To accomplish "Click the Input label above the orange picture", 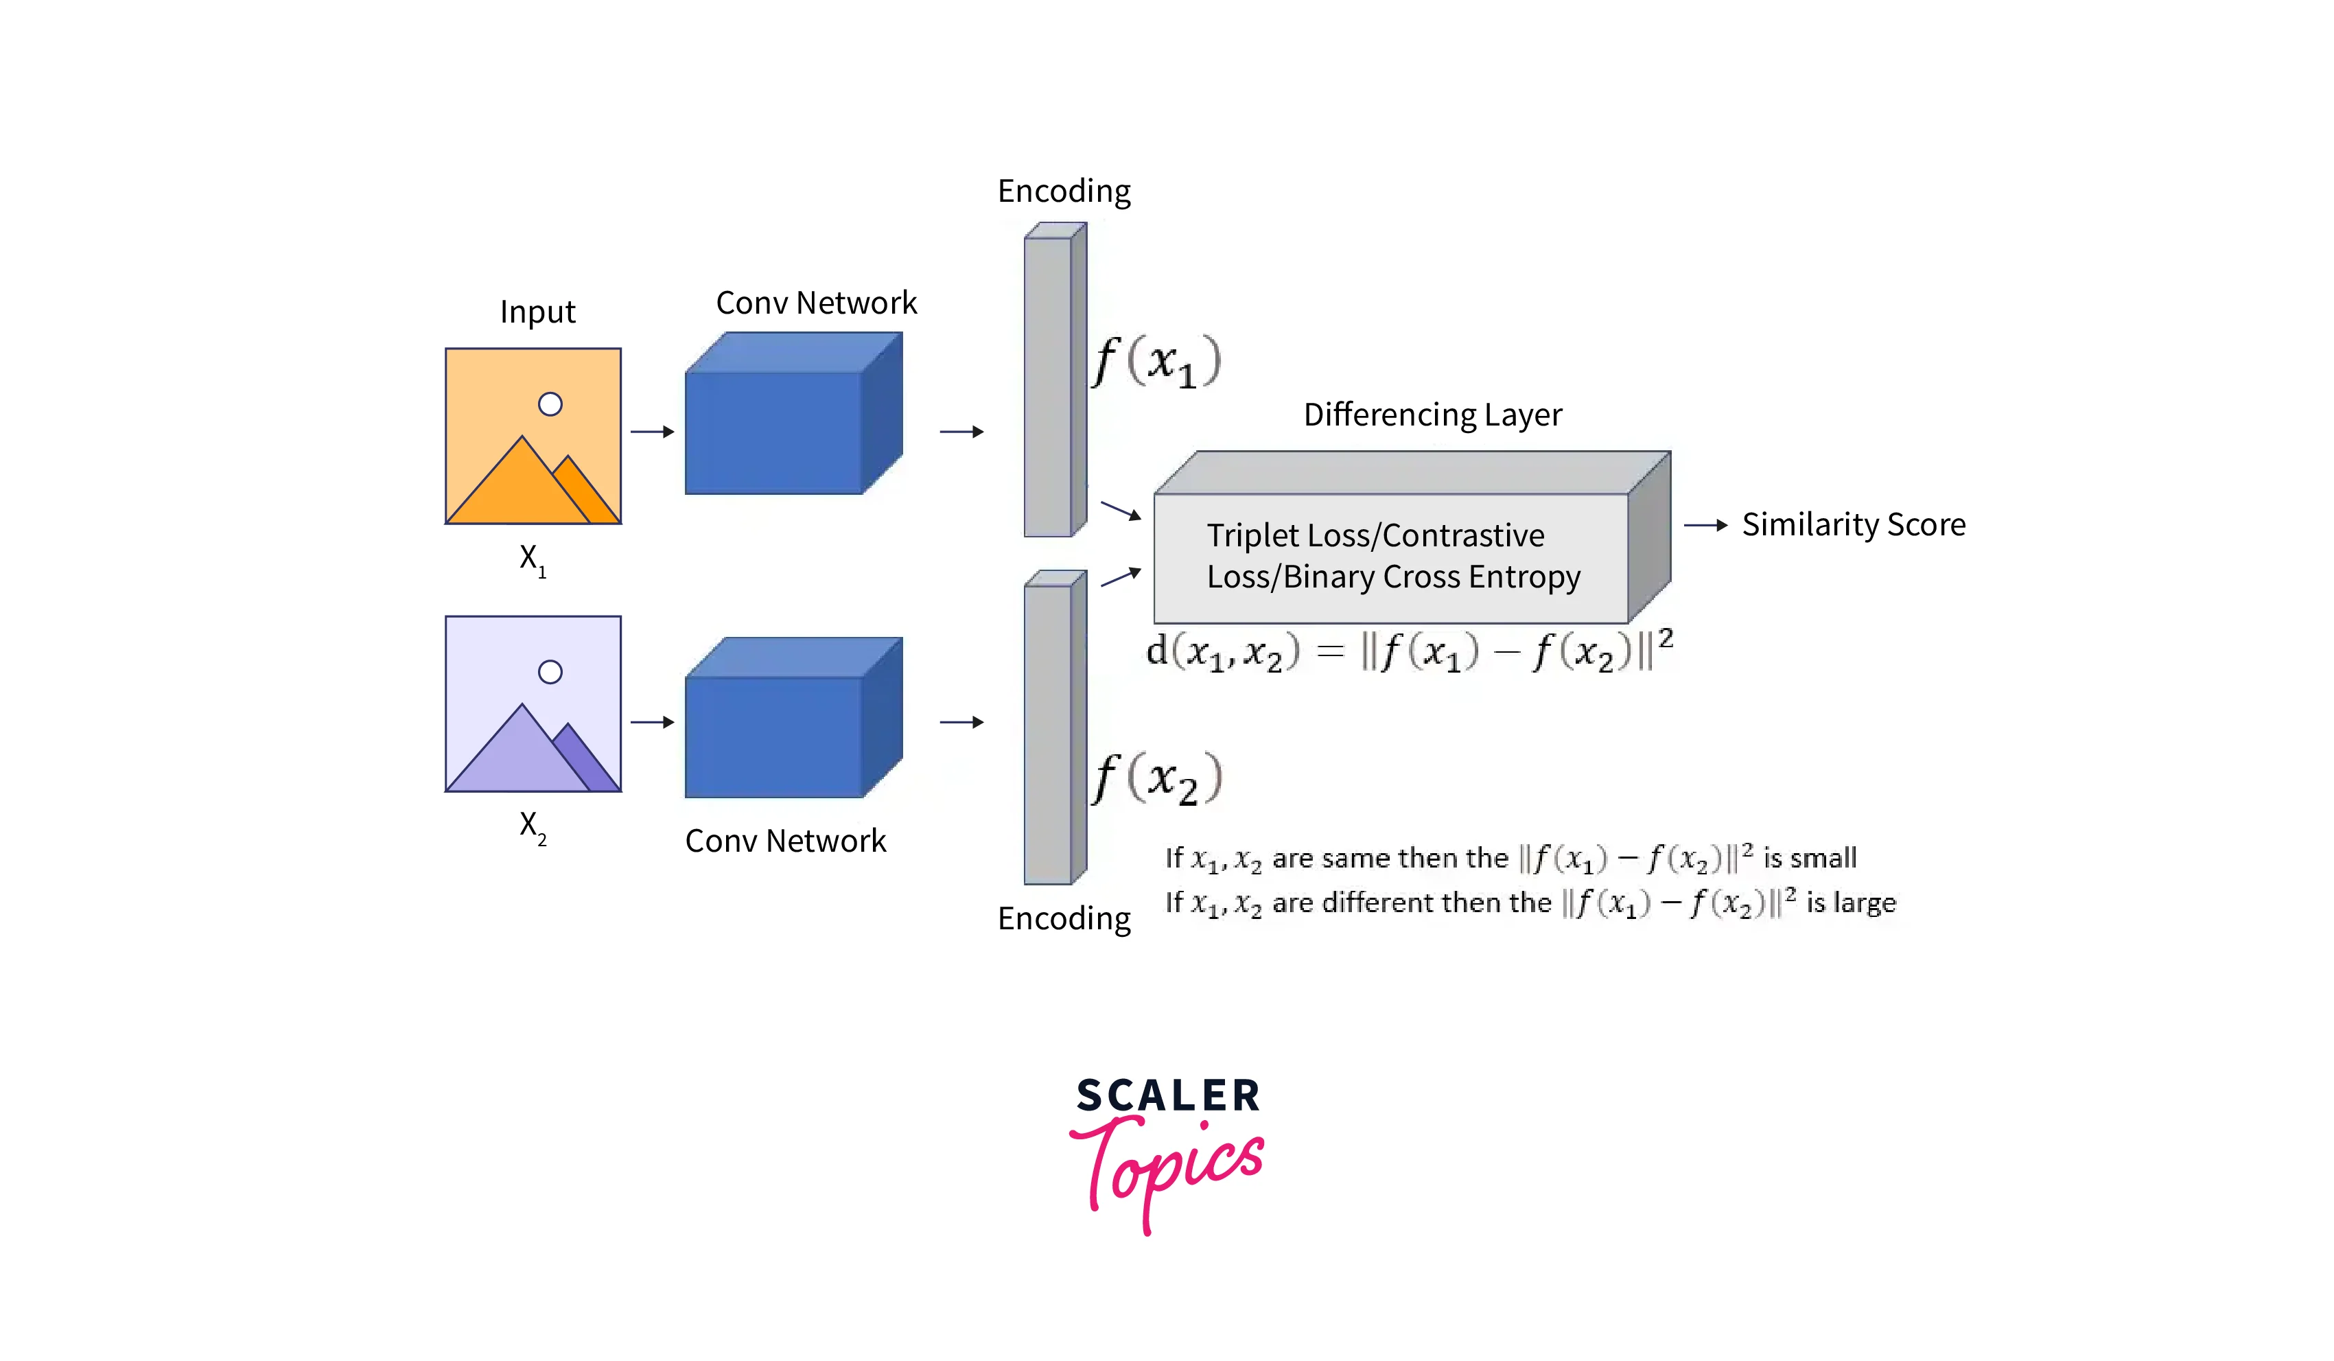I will click(537, 312).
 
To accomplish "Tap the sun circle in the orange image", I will click(550, 404).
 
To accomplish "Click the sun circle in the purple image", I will click(550, 672).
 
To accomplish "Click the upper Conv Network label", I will click(816, 303).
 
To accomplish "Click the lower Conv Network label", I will click(785, 840).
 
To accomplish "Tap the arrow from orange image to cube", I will click(652, 432).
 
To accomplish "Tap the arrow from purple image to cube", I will click(652, 722).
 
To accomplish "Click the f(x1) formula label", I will click(1156, 361).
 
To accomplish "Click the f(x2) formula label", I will click(1156, 778).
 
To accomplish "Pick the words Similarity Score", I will click(1854, 524).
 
